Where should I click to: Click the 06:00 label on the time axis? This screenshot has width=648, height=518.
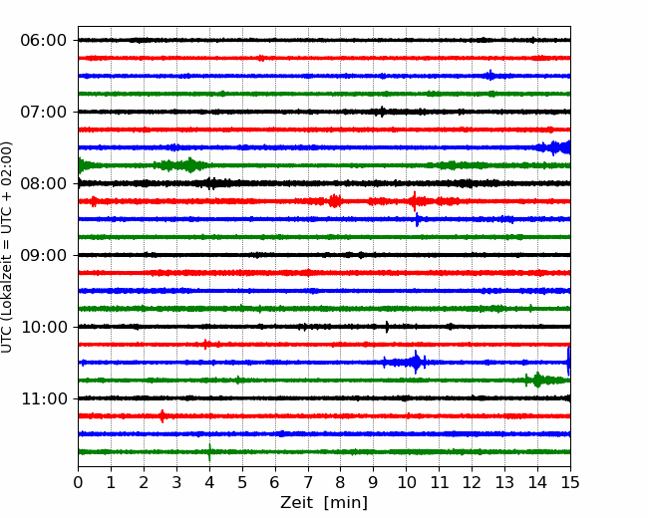(43, 41)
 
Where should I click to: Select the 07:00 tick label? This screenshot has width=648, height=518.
(43, 112)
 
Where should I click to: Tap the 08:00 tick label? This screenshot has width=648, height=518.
(43, 184)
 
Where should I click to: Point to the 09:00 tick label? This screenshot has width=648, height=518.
(43, 255)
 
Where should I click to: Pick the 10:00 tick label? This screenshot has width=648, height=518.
(43, 327)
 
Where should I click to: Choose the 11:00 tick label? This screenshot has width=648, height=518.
(43, 399)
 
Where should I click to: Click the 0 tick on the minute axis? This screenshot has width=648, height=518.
(78, 482)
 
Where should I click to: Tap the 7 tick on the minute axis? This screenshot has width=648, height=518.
(308, 482)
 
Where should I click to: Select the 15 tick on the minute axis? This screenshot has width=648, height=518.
(570, 482)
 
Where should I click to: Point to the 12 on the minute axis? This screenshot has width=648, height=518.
(472, 482)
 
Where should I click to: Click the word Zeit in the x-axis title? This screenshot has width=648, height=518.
(297, 503)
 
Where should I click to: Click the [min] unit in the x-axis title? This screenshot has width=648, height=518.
(346, 503)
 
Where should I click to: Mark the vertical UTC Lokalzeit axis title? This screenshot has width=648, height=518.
(7, 247)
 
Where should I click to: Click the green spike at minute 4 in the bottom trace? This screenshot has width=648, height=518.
(209, 452)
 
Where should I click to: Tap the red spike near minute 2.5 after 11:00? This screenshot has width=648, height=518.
(162, 416)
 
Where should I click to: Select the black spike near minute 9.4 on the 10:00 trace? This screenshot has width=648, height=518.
(387, 327)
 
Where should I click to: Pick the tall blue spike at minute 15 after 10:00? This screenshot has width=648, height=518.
(569, 362)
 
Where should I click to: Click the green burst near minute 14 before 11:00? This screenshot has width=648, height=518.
(537, 380)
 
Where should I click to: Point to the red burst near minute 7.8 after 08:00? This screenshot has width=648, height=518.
(335, 201)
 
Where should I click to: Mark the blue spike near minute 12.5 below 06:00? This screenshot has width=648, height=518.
(490, 76)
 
